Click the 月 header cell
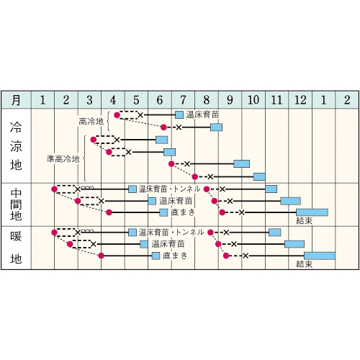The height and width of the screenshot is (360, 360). click(x=16, y=100)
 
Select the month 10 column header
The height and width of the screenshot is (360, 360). click(x=253, y=100)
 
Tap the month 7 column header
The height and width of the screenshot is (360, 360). click(x=183, y=100)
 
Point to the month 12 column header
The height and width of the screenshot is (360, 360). click(x=300, y=100)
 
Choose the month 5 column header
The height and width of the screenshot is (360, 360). click(x=136, y=100)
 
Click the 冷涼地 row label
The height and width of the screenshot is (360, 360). click(x=16, y=146)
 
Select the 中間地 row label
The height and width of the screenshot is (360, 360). click(x=16, y=204)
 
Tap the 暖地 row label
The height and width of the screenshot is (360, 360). click(x=16, y=247)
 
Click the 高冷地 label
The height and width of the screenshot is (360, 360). click(x=91, y=122)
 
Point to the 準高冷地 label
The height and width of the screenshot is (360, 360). click(x=63, y=158)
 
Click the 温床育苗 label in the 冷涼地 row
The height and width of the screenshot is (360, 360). click(x=202, y=114)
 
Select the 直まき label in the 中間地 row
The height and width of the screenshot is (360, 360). click(x=183, y=212)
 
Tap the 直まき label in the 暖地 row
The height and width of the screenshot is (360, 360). click(x=175, y=256)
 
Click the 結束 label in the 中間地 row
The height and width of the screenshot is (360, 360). click(x=305, y=220)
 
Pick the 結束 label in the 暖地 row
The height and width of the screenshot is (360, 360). click(x=305, y=264)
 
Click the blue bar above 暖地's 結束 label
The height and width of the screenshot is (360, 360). click(x=320, y=256)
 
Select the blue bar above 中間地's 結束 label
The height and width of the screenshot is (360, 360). click(x=312, y=212)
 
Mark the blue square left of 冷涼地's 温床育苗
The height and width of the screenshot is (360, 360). click(x=179, y=115)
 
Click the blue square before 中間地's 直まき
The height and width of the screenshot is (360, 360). click(x=163, y=212)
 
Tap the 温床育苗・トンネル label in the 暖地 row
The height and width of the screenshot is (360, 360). click(x=171, y=233)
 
